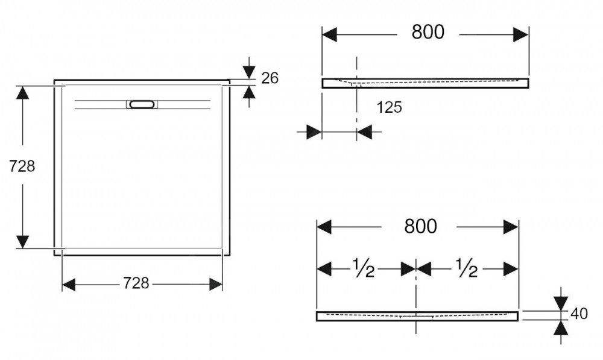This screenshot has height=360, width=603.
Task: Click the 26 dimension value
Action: tap(270, 78)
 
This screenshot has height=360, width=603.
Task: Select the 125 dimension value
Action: tap(389, 107)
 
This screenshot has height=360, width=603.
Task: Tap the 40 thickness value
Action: tap(579, 314)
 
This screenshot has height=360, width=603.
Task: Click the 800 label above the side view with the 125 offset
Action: tap(428, 32)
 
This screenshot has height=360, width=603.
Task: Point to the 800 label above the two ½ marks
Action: tap(420, 227)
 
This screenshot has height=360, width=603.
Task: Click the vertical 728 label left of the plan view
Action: tap(22, 166)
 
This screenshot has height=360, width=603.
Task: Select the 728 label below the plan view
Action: tap(136, 283)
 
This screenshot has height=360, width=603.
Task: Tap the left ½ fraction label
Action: tap(364, 268)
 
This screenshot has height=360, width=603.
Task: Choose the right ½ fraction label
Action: tap(467, 268)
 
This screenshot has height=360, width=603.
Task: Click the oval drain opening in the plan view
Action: tap(142, 104)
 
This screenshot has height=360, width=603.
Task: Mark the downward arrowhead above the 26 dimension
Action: tap(249, 72)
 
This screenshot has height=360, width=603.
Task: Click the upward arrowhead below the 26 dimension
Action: tap(249, 92)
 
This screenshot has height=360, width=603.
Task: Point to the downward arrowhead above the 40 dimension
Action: tap(561, 303)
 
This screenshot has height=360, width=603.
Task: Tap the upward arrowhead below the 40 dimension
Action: tap(561, 327)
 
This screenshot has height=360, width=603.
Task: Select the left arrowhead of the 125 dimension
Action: tap(314, 132)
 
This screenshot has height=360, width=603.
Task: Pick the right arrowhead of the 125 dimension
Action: tap(364, 132)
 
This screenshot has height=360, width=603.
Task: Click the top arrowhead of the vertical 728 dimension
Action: tap(23, 93)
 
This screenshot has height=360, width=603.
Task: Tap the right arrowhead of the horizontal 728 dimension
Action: tap(216, 285)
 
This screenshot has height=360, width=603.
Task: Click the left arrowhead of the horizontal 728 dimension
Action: tap(69, 285)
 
